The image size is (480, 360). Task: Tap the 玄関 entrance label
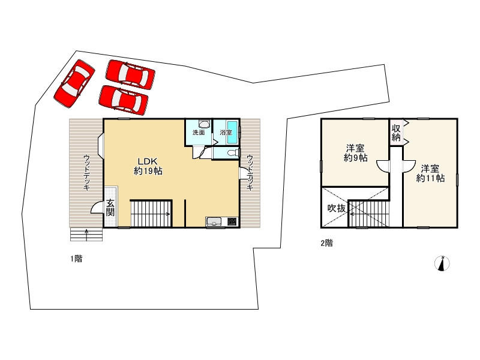[110, 208]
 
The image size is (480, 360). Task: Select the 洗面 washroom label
[199, 133]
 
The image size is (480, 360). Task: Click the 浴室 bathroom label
[226, 133]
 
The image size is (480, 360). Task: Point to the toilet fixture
[233, 152]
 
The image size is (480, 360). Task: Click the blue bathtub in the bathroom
[233, 132]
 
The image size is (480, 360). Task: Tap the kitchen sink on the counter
[215, 221]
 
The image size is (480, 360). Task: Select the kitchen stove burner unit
[232, 221]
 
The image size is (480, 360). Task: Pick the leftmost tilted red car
[74, 83]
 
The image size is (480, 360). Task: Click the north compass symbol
[442, 263]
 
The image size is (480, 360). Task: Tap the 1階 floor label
[76, 259]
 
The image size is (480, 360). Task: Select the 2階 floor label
[326, 243]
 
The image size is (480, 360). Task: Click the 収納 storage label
[396, 132]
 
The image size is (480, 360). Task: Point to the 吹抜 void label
[337, 208]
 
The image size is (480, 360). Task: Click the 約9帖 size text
[355, 158]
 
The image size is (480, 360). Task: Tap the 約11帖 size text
[430, 178]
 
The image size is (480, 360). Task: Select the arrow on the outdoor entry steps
[86, 235]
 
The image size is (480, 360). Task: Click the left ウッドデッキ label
[86, 173]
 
